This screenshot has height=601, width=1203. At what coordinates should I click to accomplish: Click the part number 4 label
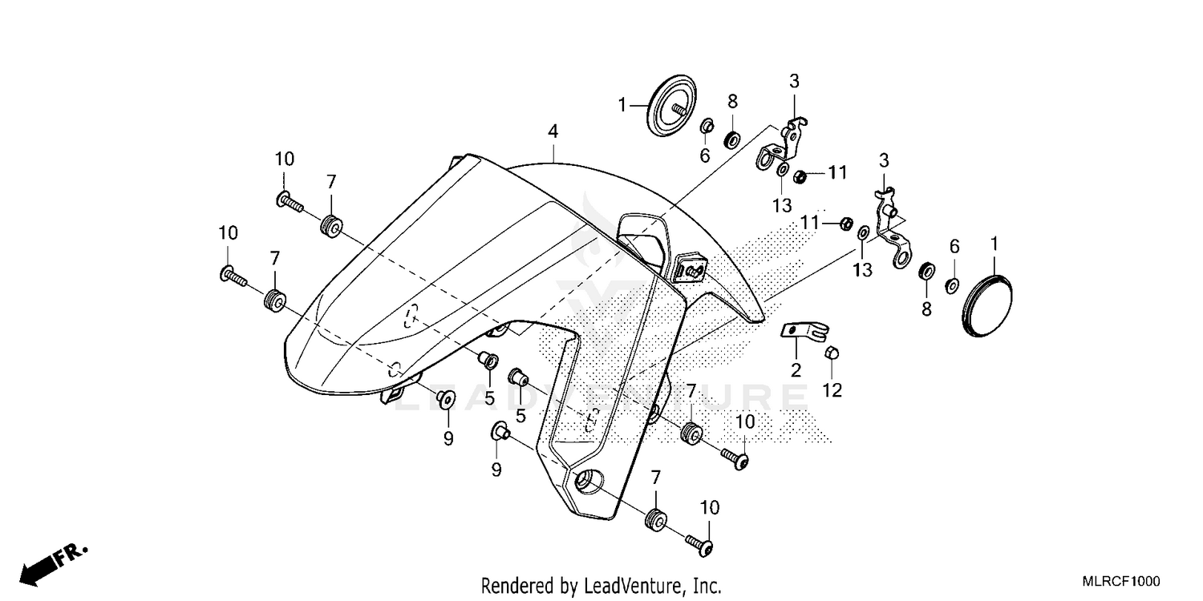[x=553, y=131]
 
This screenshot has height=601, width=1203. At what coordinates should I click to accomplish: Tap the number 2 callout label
[x=796, y=369]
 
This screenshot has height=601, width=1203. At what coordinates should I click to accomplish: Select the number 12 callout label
[x=832, y=390]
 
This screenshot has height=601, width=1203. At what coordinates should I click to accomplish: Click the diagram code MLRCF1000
[x=1120, y=583]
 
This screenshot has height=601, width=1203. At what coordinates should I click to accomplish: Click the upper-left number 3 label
[x=794, y=81]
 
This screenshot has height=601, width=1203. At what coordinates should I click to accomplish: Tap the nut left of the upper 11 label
[x=800, y=175]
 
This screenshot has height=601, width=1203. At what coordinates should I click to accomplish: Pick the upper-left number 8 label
[x=732, y=101]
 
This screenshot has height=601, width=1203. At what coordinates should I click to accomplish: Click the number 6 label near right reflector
[x=954, y=247]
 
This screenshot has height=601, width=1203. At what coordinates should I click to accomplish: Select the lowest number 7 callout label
[x=656, y=478]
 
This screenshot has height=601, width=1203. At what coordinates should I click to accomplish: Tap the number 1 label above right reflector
[x=994, y=242]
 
